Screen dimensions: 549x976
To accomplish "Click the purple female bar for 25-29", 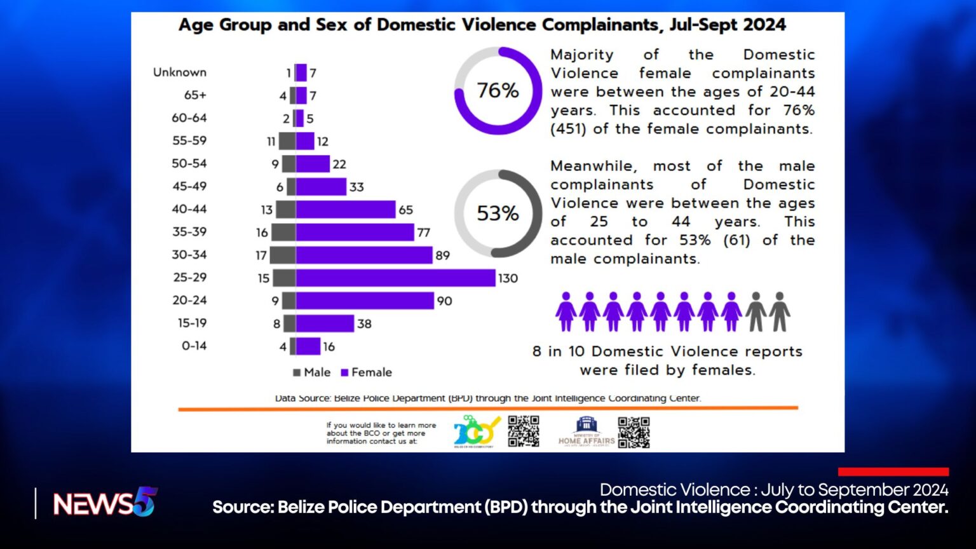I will click(x=395, y=278).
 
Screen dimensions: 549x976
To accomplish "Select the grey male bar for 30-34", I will click(x=283, y=255).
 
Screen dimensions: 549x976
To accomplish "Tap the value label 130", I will click(x=508, y=278).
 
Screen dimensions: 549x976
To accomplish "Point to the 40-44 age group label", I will click(x=189, y=209).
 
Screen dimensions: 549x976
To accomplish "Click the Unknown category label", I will click(x=180, y=72).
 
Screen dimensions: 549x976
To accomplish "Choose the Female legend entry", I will click(x=367, y=372).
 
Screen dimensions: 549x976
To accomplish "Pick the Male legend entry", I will click(x=311, y=372).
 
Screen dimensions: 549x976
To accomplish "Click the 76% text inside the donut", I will click(x=498, y=90).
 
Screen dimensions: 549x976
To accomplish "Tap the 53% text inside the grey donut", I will click(x=498, y=213).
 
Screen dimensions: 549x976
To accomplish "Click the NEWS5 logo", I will click(x=105, y=503).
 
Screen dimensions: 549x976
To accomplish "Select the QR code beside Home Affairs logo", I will click(x=634, y=432).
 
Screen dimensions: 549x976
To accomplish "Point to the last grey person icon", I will click(x=780, y=311).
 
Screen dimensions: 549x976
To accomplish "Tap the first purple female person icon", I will click(x=566, y=311).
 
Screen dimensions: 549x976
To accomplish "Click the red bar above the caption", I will click(x=893, y=471).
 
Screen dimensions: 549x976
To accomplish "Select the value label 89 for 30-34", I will click(x=442, y=255).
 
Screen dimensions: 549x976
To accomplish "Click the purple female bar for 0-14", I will click(x=308, y=346).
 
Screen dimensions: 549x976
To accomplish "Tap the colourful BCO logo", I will click(x=476, y=431).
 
